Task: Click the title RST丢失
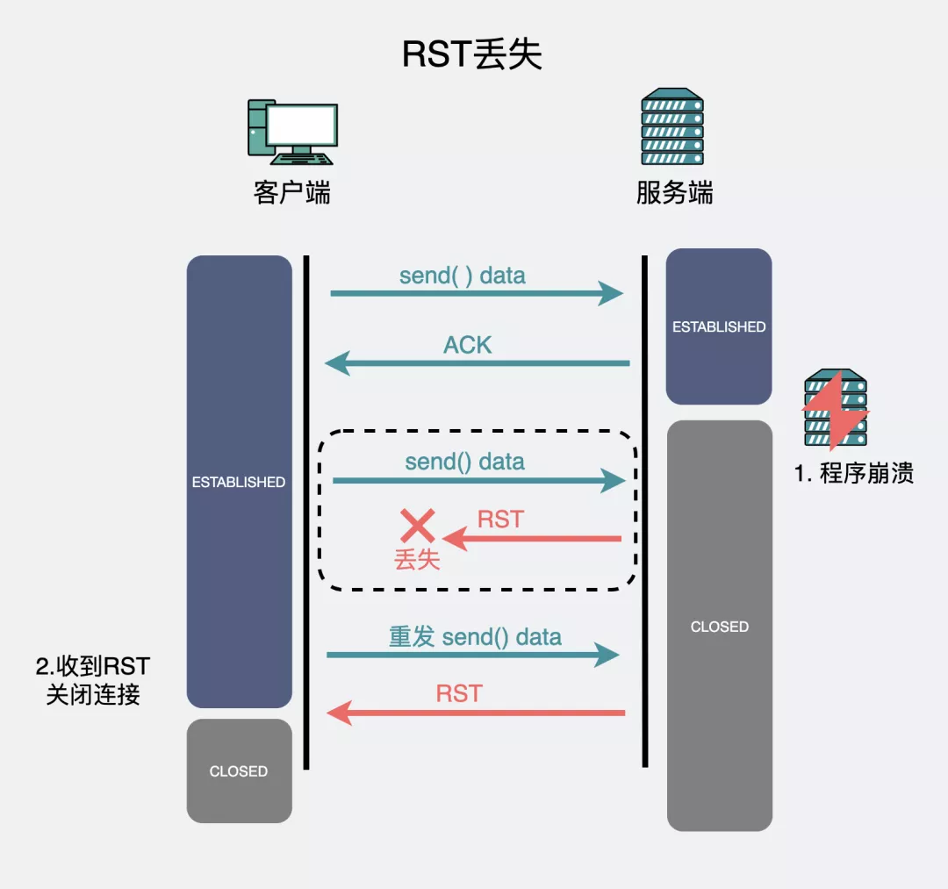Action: [x=472, y=54]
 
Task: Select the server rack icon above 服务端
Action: [x=672, y=127]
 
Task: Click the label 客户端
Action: [x=291, y=192]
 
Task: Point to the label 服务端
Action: [x=674, y=192]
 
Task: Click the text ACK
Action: [x=467, y=345]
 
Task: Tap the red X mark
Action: [x=418, y=526]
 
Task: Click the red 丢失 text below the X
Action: [x=417, y=559]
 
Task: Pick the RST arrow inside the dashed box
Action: [x=532, y=538]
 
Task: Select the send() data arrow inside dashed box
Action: [x=478, y=480]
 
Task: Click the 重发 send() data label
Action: [x=475, y=636]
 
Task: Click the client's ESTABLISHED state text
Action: [x=239, y=482]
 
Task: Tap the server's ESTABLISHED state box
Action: [x=719, y=326]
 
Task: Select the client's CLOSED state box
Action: [x=239, y=771]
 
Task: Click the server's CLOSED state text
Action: [x=719, y=627]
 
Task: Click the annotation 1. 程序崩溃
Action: [x=854, y=473]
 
